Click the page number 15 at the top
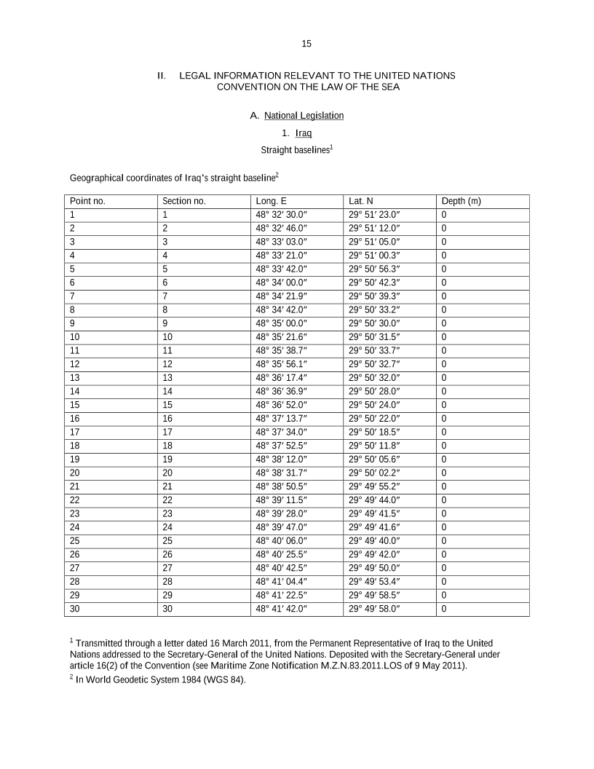pos(306,44)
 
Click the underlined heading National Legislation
pos(304,115)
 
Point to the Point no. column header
pos(88,201)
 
